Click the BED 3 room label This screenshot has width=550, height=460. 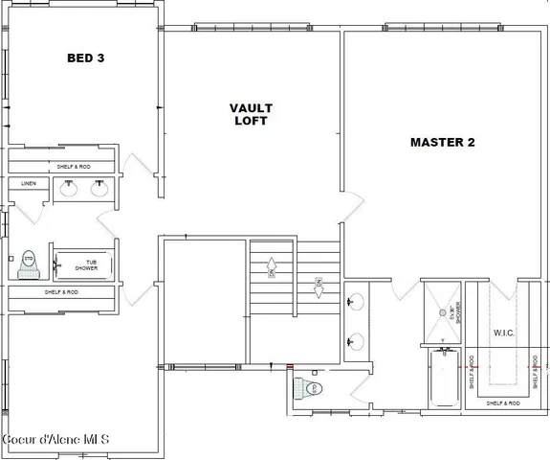(x=85, y=58)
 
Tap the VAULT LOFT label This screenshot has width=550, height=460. (x=250, y=114)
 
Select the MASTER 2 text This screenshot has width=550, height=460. (x=442, y=143)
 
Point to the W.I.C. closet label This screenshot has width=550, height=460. (x=505, y=333)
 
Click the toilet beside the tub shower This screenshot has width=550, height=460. (x=28, y=262)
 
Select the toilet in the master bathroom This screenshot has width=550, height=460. (x=312, y=389)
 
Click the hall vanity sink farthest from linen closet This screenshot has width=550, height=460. (x=99, y=189)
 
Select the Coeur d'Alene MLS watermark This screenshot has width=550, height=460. (x=55, y=440)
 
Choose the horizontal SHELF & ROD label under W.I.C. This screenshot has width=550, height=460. (x=502, y=403)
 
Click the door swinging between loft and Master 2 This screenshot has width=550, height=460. (x=355, y=204)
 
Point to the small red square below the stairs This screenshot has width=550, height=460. (x=290, y=366)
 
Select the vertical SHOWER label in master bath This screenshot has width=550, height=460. (x=457, y=313)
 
